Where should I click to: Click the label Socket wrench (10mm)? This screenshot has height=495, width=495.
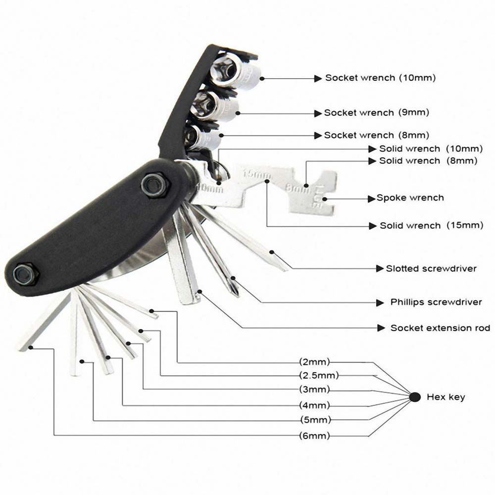[x=380, y=78]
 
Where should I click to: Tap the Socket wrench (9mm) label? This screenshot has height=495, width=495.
[x=376, y=113]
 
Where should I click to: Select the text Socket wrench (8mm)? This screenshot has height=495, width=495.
[x=376, y=135]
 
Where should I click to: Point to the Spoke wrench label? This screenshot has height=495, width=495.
[x=410, y=198]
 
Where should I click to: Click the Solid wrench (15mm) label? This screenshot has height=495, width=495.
[x=431, y=226]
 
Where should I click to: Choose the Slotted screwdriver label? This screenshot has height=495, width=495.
[x=431, y=269]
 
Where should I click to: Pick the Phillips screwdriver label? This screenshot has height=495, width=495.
[x=436, y=302]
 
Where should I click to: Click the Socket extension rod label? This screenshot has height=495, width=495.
[x=440, y=328]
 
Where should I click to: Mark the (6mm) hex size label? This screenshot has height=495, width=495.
[x=314, y=436]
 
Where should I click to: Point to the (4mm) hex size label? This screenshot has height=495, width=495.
[x=314, y=405]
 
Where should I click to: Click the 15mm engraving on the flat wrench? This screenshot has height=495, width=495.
[x=256, y=174]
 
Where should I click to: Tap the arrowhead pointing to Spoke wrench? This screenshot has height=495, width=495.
[x=373, y=198]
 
